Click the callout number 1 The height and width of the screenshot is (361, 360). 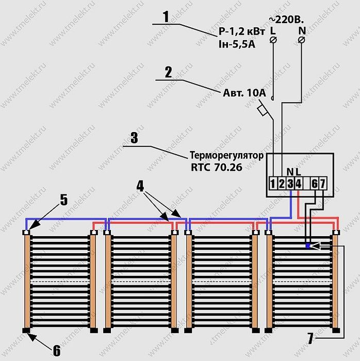click(166, 17)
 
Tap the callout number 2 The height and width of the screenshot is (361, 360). click(169, 72)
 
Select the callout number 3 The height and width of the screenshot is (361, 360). click(135, 138)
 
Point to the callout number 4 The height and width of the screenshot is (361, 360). click(140, 186)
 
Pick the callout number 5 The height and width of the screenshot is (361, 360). click(64, 200)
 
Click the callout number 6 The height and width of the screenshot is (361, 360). click(57, 351)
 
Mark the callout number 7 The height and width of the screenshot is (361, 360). click(310, 338)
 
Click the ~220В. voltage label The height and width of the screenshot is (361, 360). click(286, 20)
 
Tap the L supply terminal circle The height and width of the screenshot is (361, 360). click(273, 40)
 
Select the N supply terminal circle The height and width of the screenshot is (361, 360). click(302, 40)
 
